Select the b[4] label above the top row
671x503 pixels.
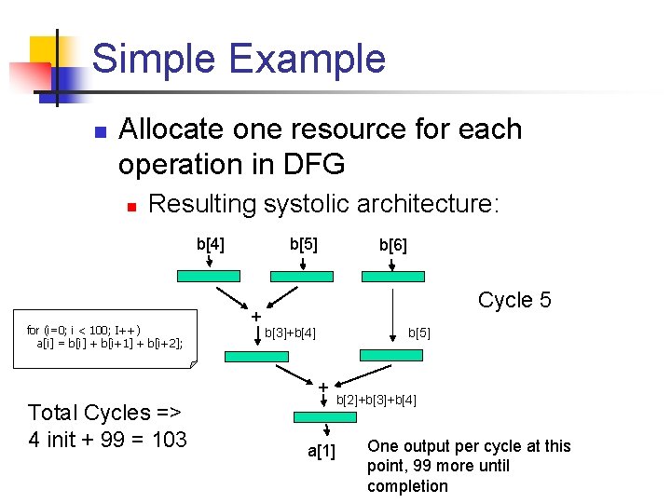210,245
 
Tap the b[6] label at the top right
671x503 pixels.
392,246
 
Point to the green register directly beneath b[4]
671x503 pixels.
210,277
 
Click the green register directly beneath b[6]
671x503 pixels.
391,277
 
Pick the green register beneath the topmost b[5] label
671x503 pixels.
301,277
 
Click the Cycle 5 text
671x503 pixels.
514,300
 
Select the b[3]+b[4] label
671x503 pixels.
290,333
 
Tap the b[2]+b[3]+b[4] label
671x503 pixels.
376,401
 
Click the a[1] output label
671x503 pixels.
322,452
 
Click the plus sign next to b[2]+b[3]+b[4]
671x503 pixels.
322,387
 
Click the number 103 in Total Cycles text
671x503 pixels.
169,439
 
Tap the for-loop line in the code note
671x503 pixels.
84,330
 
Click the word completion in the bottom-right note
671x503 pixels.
407,486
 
